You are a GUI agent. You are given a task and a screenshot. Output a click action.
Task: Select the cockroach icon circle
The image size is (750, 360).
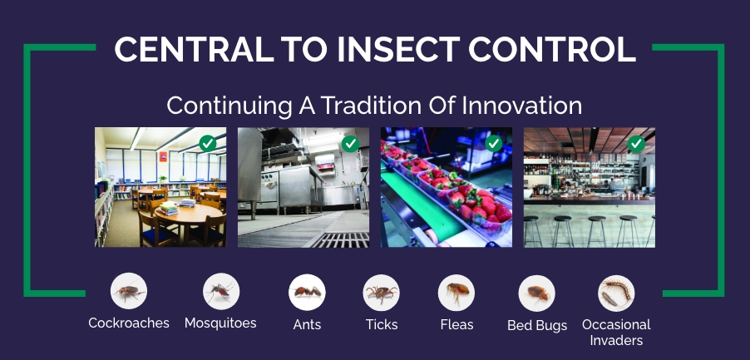(x=129, y=293)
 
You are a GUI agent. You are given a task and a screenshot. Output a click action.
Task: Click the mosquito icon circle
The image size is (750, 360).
(x=221, y=293)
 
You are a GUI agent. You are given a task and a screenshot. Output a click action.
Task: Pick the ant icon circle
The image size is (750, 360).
(x=307, y=293)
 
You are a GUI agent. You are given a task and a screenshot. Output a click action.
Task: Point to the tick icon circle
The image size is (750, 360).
(x=382, y=293)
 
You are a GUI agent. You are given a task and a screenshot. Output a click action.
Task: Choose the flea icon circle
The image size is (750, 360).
(x=456, y=293)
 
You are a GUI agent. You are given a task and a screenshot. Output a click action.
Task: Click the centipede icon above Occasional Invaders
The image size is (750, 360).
(x=616, y=293)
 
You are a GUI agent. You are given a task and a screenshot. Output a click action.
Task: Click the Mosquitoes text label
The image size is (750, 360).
(x=220, y=323)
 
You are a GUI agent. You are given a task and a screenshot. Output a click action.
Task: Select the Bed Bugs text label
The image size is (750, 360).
(x=537, y=325)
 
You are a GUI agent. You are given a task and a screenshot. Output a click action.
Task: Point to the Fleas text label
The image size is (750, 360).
(x=456, y=324)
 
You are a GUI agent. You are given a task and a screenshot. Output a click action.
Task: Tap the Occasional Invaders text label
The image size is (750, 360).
(x=616, y=332)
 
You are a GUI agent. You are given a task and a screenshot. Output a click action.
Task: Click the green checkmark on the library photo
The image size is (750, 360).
(x=208, y=144)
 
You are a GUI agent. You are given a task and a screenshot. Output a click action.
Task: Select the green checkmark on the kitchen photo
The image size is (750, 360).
(x=351, y=144)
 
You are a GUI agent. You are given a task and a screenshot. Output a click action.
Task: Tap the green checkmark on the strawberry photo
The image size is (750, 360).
(x=493, y=144)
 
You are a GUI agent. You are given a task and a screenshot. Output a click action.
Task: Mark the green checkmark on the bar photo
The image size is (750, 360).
(x=636, y=144)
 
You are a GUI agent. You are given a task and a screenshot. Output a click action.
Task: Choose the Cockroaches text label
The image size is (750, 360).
(x=129, y=323)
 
